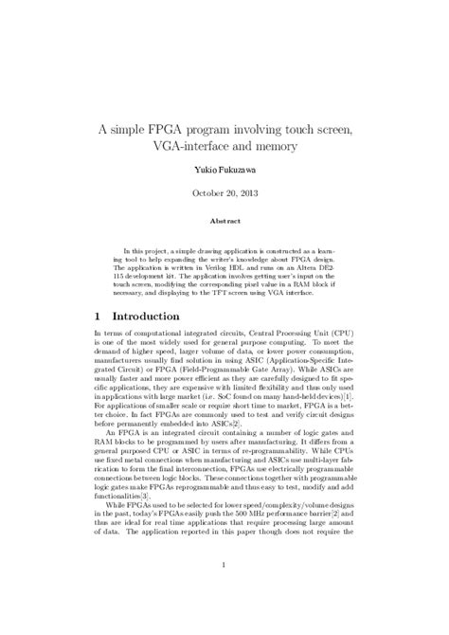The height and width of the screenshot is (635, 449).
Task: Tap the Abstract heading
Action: coord(224,221)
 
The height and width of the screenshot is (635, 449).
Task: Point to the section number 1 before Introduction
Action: coord(99,315)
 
